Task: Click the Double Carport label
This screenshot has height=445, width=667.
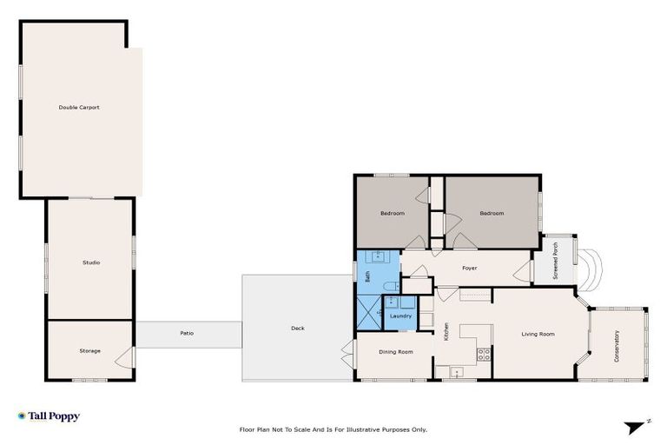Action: click(x=79, y=108)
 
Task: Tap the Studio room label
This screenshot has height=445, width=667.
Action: click(x=90, y=262)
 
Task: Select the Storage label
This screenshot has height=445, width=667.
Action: click(x=90, y=351)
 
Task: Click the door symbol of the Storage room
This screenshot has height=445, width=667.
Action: click(x=128, y=356)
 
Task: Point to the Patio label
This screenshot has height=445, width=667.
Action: click(x=187, y=334)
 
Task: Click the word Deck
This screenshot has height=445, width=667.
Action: click(x=297, y=329)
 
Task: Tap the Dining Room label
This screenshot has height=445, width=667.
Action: click(x=395, y=351)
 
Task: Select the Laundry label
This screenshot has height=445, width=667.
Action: click(x=400, y=315)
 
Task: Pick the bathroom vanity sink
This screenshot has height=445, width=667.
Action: click(x=378, y=257)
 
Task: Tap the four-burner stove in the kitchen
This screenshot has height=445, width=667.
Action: click(x=484, y=354)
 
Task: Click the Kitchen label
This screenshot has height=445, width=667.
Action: click(x=446, y=331)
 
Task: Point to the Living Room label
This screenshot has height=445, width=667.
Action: click(x=538, y=334)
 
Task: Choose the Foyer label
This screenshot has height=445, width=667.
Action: click(x=469, y=269)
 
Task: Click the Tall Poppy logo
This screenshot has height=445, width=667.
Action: click(x=49, y=416)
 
